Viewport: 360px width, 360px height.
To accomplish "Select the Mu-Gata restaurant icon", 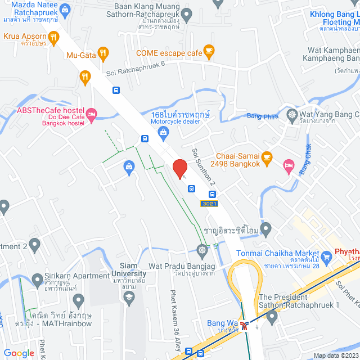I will point(102,54).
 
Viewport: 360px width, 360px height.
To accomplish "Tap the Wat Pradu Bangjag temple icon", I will point(202,249).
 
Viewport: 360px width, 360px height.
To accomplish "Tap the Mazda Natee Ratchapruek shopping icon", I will point(65,10).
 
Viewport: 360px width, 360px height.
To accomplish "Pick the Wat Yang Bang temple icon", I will point(292,115).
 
